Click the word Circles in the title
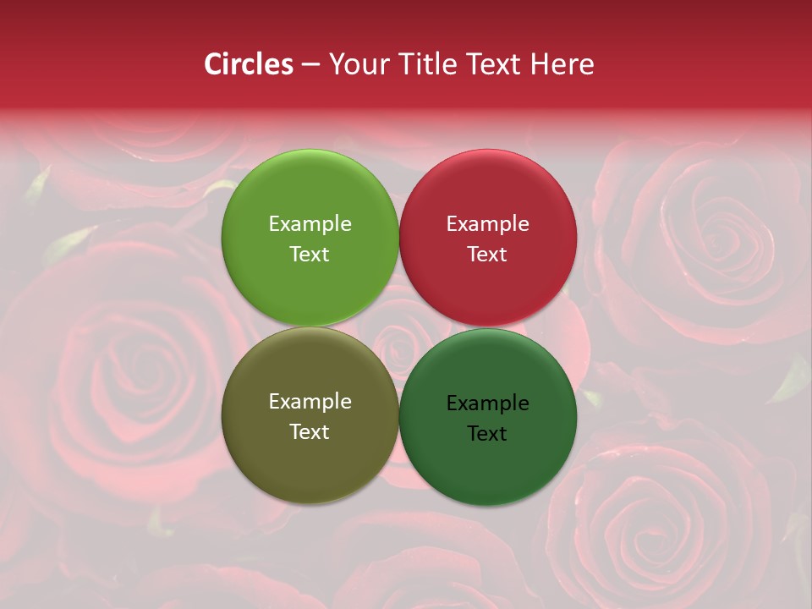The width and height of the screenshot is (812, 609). (248, 64)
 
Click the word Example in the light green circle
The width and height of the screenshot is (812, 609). (310, 224)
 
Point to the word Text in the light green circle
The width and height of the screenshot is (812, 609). (310, 254)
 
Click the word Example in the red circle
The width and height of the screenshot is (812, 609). (487, 224)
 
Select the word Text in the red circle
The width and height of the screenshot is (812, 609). (487, 254)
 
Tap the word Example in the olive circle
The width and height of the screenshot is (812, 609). (310, 402)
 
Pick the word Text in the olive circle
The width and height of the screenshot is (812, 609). (310, 431)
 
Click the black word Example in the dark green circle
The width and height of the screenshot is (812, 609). (487, 403)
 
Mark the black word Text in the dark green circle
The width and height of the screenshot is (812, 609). (487, 433)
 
